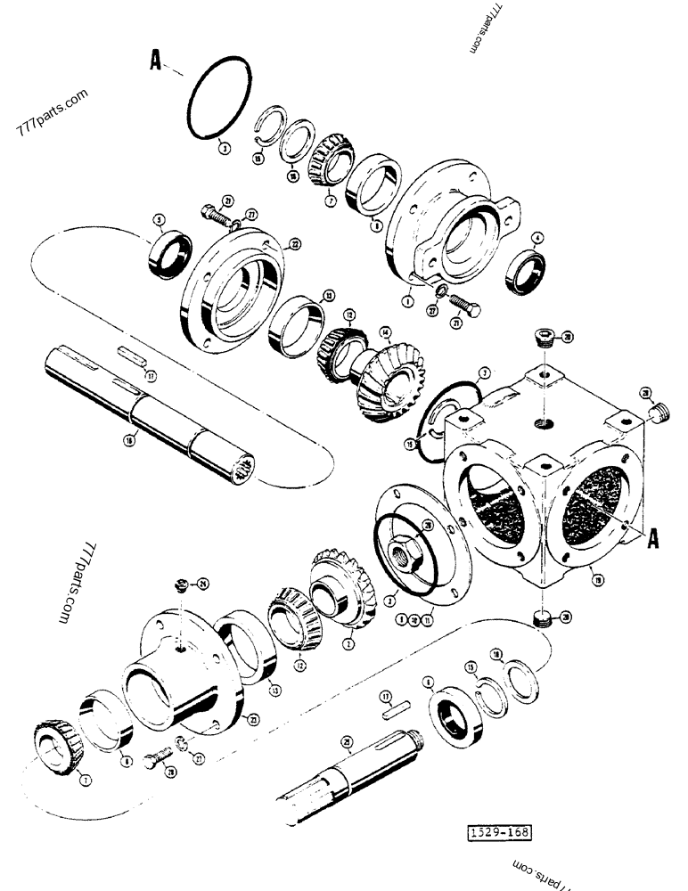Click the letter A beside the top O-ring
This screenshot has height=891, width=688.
(156, 61)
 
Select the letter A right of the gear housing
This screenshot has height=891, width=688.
(655, 537)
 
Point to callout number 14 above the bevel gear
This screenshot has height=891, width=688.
(386, 332)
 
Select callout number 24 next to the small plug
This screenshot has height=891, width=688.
(203, 585)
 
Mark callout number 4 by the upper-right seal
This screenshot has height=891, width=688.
(537, 238)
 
